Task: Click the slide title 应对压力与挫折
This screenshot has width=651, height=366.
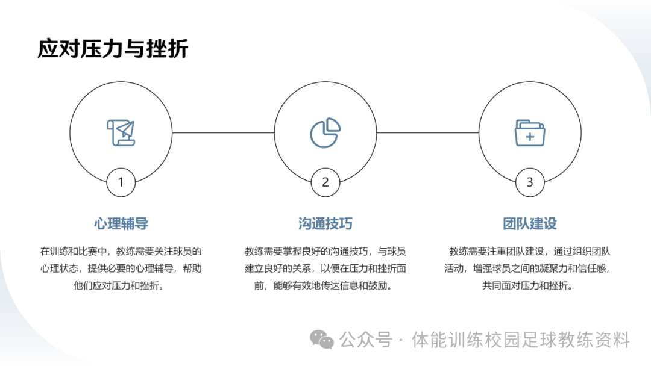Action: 113,49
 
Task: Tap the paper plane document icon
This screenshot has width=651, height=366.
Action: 121,132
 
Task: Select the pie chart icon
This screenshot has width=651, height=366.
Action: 325,132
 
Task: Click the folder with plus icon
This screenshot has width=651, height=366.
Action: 530,132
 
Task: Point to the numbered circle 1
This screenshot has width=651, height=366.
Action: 121,182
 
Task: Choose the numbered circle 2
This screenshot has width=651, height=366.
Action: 325,182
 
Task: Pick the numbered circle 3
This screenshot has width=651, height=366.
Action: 530,182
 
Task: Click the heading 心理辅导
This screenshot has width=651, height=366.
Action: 121,224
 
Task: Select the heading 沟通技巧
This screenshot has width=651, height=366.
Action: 325,224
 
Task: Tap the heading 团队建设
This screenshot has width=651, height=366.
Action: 530,224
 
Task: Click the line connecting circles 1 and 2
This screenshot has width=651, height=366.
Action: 223,132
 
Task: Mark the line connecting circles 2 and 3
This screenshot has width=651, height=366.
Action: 428,132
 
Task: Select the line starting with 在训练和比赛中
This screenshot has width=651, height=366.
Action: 121,252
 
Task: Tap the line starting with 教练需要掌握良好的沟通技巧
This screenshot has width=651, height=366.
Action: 325,252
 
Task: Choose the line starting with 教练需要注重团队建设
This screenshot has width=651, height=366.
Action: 530,252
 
